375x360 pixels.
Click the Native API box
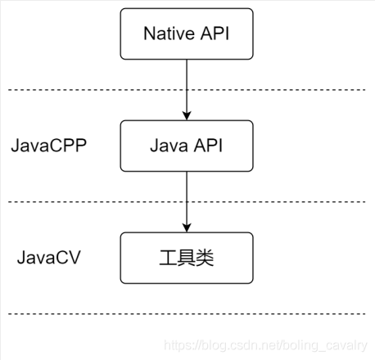(x=187, y=34)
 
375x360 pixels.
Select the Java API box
(x=187, y=146)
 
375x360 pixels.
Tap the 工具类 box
(x=187, y=258)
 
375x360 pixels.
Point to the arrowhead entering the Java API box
(x=187, y=116)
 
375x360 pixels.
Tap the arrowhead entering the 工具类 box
(x=187, y=228)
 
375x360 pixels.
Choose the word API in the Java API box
(x=209, y=146)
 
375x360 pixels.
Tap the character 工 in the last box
(x=169, y=258)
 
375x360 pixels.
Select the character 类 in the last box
(x=206, y=258)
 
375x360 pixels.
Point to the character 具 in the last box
(x=187, y=258)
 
